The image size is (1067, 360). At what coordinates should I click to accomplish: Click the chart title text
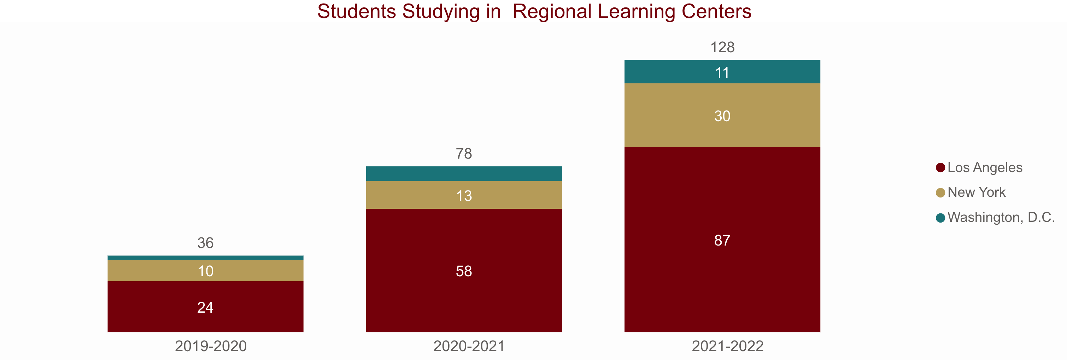click(534, 12)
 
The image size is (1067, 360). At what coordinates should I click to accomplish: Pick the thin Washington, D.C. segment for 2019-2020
click(205, 258)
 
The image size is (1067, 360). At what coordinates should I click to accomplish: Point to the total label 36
click(205, 243)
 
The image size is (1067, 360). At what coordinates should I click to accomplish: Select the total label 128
click(722, 47)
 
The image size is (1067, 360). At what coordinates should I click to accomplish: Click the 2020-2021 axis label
click(469, 346)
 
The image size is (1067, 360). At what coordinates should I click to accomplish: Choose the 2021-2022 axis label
click(727, 346)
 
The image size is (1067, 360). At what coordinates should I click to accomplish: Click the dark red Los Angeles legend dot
click(940, 168)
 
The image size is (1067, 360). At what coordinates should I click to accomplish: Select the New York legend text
click(976, 192)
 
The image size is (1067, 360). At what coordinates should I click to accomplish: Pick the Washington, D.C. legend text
click(1001, 217)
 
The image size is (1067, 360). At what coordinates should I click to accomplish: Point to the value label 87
click(722, 240)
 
